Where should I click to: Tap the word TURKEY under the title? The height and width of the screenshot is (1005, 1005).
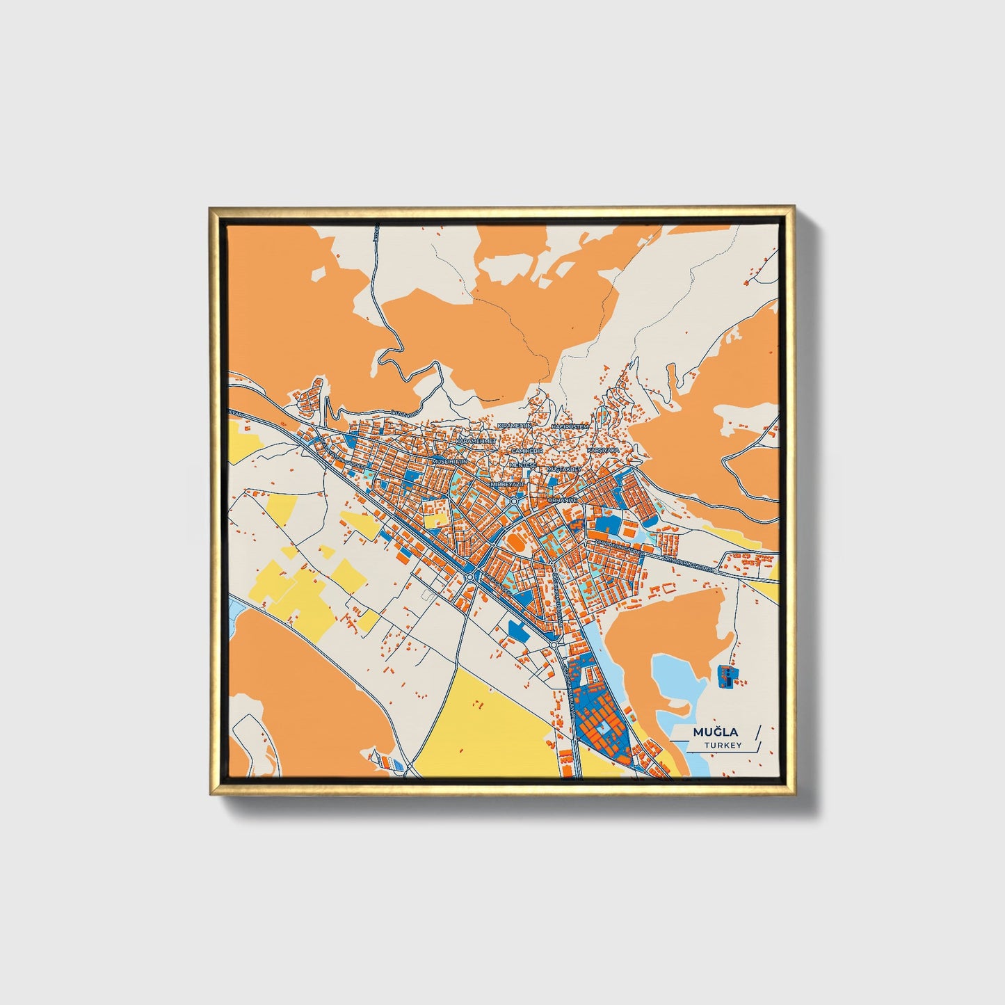tap(722, 745)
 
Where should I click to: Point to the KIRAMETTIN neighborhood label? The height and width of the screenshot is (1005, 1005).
tap(515, 425)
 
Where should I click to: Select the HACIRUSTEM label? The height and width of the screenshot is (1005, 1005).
tap(570, 426)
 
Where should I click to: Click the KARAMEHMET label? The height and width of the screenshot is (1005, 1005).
tap(475, 441)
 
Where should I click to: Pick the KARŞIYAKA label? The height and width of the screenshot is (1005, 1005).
tap(602, 450)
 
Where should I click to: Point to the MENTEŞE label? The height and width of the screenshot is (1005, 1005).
tap(524, 464)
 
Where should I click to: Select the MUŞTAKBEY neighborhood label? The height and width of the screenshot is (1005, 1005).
tap(563, 469)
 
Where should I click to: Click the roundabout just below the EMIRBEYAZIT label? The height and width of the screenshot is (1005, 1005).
tap(513, 500)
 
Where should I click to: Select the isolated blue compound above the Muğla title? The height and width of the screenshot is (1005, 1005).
tap(725, 675)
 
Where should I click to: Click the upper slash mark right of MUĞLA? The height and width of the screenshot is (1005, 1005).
tap(757, 732)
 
